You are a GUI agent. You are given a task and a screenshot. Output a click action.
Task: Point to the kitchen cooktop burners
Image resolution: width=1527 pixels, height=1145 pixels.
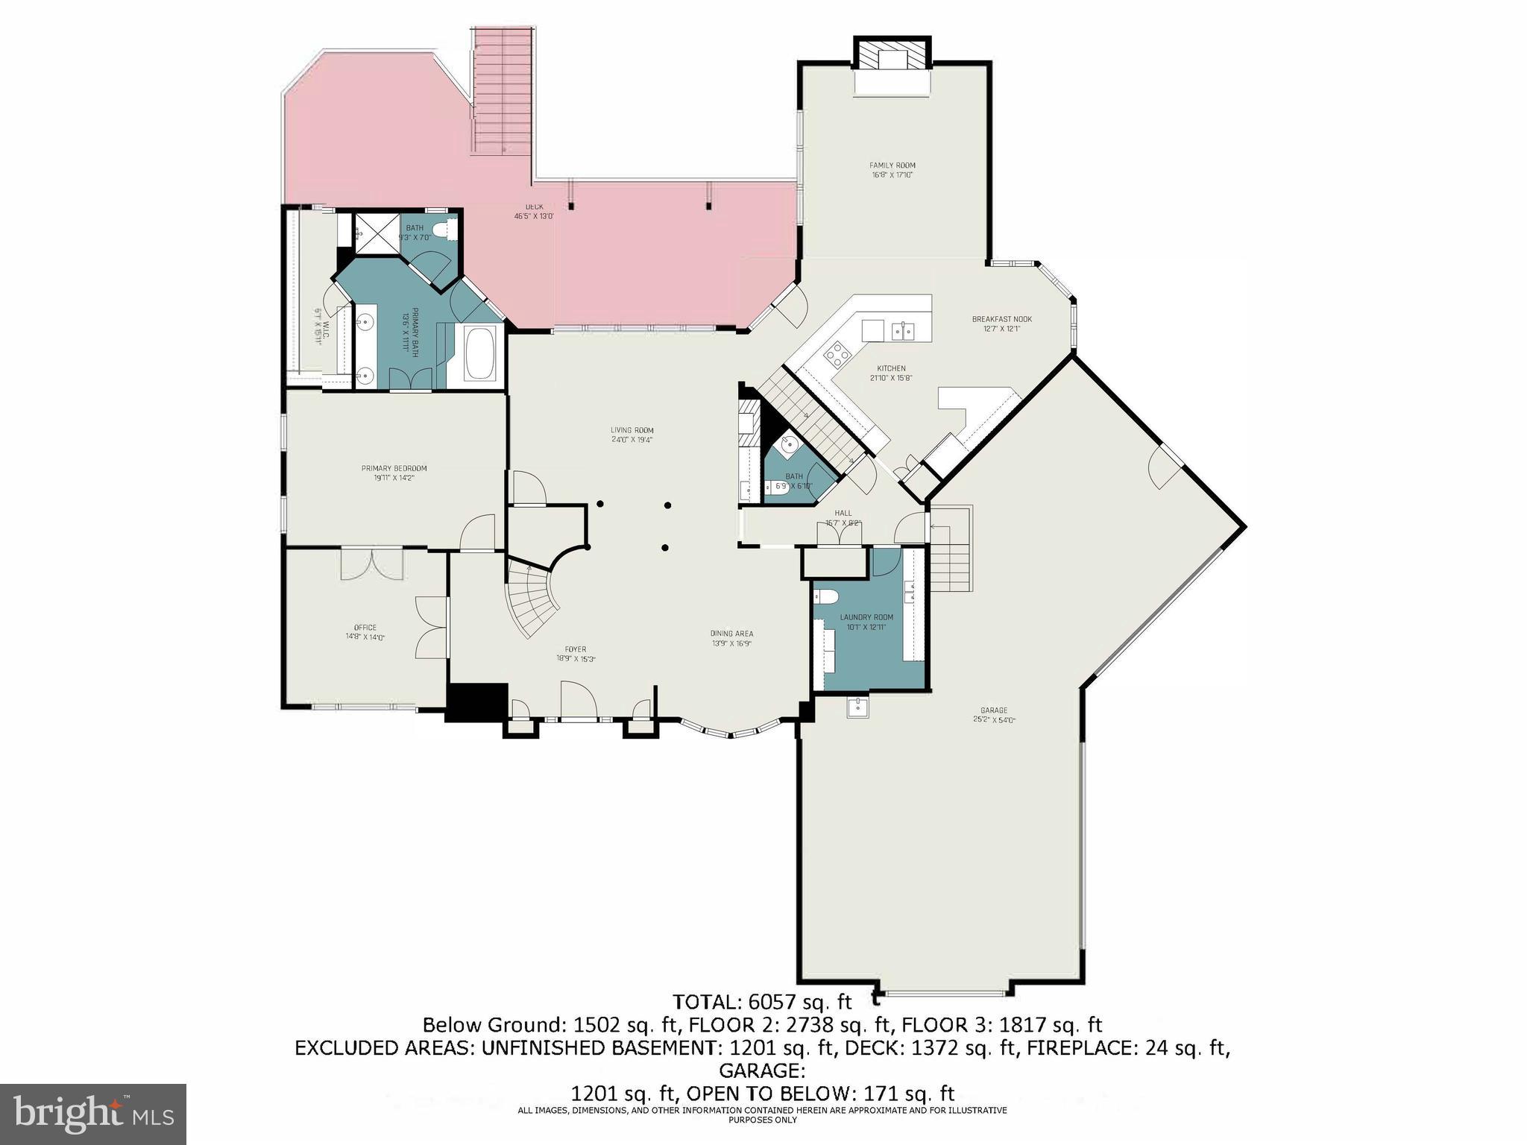coord(836,352)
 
